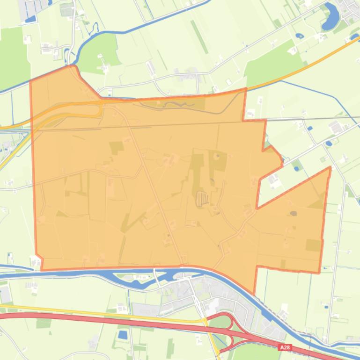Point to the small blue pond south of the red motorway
[123, 335]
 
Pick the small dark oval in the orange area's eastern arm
[294, 214]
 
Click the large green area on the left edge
[11, 56]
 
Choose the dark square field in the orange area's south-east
[313, 245]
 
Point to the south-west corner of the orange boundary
[42, 269]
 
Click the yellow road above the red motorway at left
[70, 311]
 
